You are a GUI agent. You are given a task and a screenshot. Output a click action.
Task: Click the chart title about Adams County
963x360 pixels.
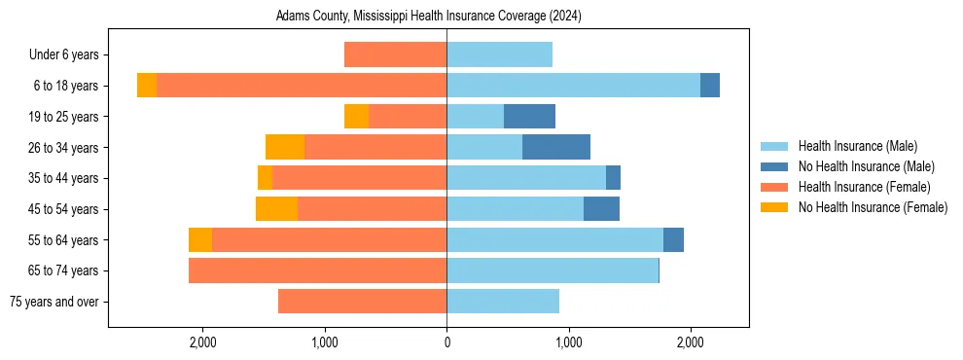(x=428, y=17)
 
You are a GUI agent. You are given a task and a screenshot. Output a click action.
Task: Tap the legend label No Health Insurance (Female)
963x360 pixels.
(x=873, y=207)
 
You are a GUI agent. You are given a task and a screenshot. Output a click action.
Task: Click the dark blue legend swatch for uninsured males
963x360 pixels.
(x=774, y=166)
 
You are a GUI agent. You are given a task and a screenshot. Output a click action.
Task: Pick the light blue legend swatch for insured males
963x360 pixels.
(x=774, y=146)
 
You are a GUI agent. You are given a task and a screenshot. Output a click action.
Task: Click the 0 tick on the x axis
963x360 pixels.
(x=446, y=342)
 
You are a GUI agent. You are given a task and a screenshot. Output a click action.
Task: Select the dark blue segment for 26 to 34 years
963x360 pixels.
(x=556, y=147)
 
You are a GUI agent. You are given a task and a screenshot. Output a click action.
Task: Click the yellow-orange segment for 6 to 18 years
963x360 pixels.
(x=147, y=86)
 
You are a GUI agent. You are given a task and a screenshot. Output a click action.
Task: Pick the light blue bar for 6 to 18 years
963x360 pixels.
(x=573, y=86)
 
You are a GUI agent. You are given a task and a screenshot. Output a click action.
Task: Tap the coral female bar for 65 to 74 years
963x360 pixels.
(x=317, y=270)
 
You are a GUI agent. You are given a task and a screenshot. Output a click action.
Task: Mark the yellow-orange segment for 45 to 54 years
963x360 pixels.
(x=276, y=209)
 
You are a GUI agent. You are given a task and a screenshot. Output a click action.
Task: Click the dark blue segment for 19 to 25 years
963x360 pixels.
(x=529, y=117)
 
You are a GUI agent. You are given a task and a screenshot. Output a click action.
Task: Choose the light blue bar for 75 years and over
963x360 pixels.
(x=503, y=302)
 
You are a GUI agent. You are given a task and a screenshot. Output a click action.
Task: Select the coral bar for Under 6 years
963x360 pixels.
(x=395, y=54)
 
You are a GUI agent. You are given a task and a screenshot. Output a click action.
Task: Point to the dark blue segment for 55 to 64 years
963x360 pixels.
(x=673, y=240)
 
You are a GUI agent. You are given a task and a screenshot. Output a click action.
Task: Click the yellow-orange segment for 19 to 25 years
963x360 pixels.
(x=356, y=117)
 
